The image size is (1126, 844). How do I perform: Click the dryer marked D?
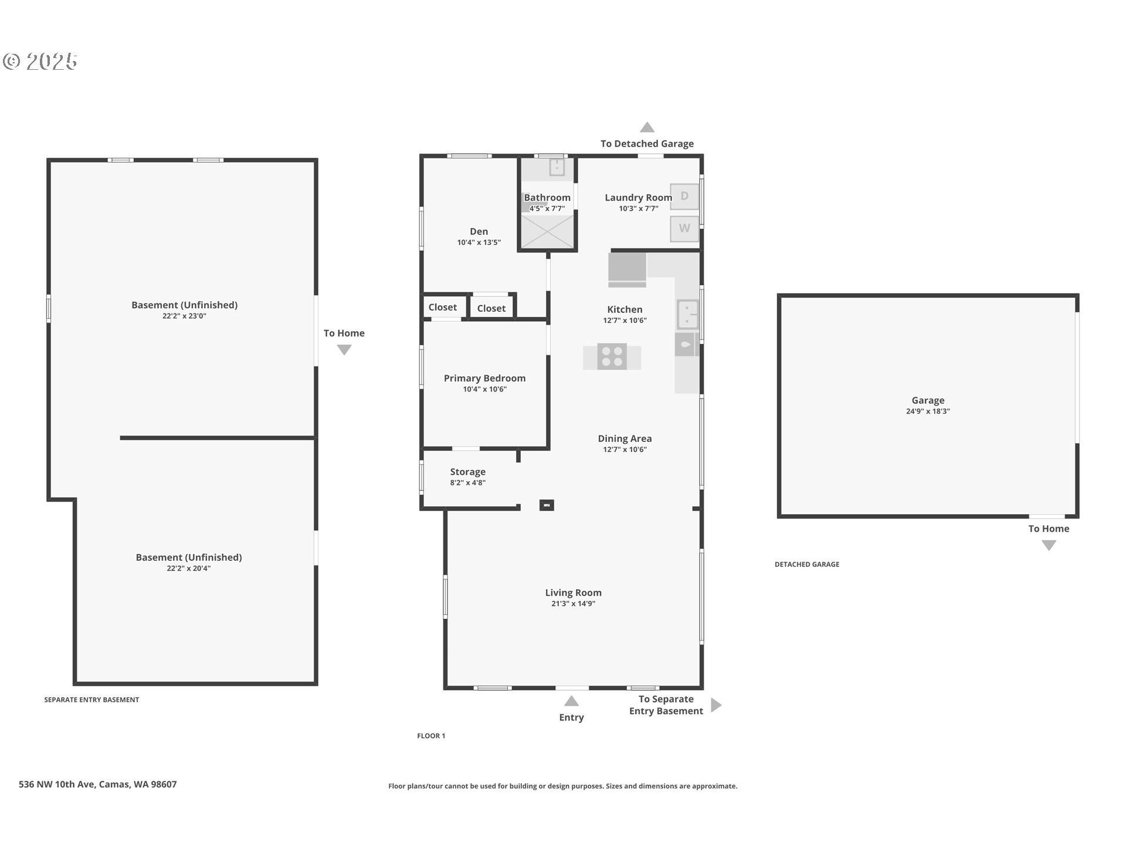[684, 196]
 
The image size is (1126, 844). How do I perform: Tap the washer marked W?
[684, 229]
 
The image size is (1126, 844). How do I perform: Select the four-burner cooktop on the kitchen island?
[612, 357]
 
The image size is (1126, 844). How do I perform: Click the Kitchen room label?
[625, 309]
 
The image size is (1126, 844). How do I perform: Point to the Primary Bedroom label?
[484, 379]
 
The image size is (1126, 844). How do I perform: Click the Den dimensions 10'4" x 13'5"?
[479, 243]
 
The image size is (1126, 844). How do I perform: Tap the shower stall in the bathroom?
[547, 232]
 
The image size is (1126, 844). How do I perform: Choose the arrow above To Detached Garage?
[647, 128]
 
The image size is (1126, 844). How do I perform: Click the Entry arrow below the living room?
[571, 702]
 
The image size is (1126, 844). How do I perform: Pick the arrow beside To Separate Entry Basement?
[715, 705]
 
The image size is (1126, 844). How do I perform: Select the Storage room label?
[467, 472]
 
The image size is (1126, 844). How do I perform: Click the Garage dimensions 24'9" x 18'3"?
[928, 411]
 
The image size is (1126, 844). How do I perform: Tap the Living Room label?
[573, 593]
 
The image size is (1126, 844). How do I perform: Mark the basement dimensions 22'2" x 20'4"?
[188, 569]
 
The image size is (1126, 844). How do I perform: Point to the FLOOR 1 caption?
[431, 736]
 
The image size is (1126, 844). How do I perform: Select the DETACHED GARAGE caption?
[806, 564]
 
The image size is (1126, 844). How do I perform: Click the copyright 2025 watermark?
[40, 62]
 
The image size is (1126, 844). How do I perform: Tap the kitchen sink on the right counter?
[687, 315]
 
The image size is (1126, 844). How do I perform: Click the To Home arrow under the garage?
[1049, 546]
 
